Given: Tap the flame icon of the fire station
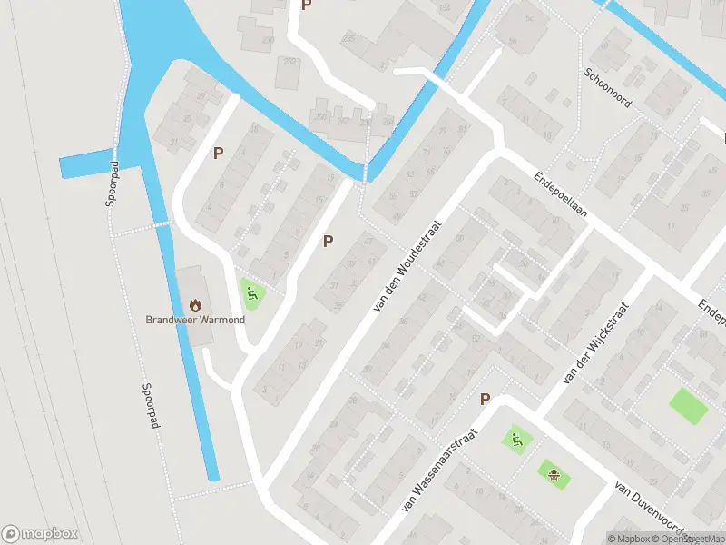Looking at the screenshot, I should click(195, 303).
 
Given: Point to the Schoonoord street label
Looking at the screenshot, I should click(606, 88).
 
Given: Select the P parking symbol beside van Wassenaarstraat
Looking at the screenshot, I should click(485, 399).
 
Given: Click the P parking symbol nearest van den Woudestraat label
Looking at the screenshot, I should click(328, 242).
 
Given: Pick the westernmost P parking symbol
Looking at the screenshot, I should click(218, 153).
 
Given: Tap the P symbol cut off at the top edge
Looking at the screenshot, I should click(306, 5).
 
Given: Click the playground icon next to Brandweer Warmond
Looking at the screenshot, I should click(252, 292).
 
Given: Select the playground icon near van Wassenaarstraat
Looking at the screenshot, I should click(517, 441).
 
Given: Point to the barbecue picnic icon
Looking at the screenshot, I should click(553, 472).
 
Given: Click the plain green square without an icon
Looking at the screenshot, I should click(688, 405).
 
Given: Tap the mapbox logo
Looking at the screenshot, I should click(40, 534).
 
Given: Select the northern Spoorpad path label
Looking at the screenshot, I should click(111, 184).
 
